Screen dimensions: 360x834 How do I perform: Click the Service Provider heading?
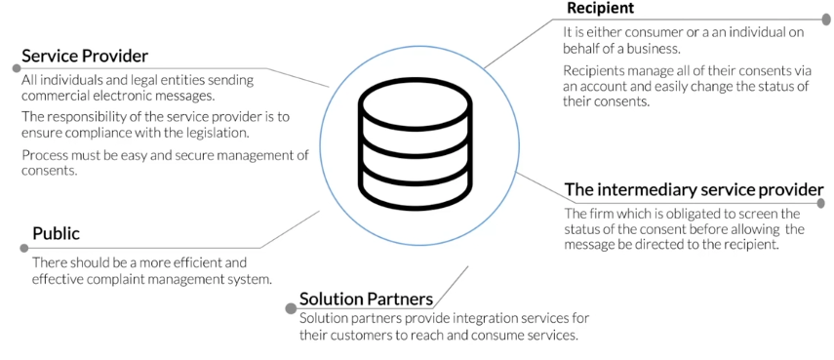[85, 56]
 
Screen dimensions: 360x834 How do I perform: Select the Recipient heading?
[600, 9]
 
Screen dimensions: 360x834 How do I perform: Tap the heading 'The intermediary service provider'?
[694, 189]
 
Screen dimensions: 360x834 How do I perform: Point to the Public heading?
[56, 233]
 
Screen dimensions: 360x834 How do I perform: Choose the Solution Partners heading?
[366, 299]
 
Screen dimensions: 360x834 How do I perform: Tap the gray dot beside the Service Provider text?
[17, 68]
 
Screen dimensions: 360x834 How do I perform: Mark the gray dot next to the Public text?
[24, 248]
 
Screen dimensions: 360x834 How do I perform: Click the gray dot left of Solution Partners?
[291, 308]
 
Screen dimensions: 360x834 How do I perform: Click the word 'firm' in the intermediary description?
[604, 213]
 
